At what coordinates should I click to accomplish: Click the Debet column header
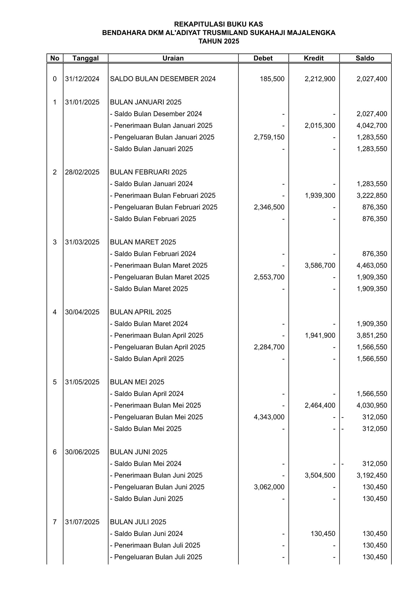pyautogui.click(x=263, y=58)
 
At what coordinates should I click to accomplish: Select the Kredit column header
pyautogui.click(x=314, y=58)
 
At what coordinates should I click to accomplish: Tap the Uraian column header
pyautogui.click(x=173, y=58)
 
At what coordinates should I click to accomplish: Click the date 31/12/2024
pyautogui.click(x=82, y=79)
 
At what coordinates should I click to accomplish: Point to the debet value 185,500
pyautogui.click(x=272, y=79)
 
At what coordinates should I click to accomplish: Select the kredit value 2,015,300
pyautogui.click(x=320, y=126)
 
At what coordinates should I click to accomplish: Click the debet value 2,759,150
pyautogui.click(x=269, y=137)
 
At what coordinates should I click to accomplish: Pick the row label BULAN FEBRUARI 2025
pyautogui.click(x=148, y=172)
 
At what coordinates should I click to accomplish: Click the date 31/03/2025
pyautogui.click(x=82, y=242)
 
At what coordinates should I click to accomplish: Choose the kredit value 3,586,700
pyautogui.click(x=320, y=265)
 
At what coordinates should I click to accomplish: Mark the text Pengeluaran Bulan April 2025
pyautogui.click(x=160, y=347)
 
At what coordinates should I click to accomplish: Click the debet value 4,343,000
pyautogui.click(x=269, y=417)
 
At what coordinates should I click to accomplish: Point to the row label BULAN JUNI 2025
pyautogui.click(x=139, y=452)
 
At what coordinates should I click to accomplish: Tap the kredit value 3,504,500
pyautogui.click(x=320, y=475)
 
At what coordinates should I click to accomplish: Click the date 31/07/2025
pyautogui.click(x=82, y=522)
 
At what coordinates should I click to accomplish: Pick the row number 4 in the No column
pyautogui.click(x=55, y=312)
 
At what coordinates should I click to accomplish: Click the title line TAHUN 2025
pyautogui.click(x=219, y=41)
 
